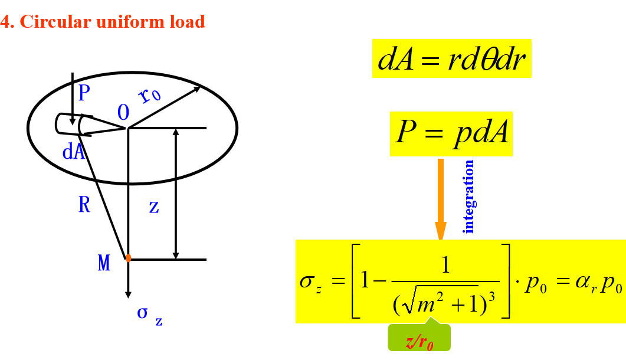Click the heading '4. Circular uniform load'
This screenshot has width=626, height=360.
103,22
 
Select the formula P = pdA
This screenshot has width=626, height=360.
451,134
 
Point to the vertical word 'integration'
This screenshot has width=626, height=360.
469,197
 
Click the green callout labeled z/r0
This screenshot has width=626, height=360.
419,341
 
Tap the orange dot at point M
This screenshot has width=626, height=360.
128,258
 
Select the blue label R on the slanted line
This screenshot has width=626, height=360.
84,205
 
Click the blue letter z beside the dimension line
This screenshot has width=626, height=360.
154,207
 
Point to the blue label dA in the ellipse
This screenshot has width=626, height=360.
74,152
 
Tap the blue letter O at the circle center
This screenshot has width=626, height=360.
123,113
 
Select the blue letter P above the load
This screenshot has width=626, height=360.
83,93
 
